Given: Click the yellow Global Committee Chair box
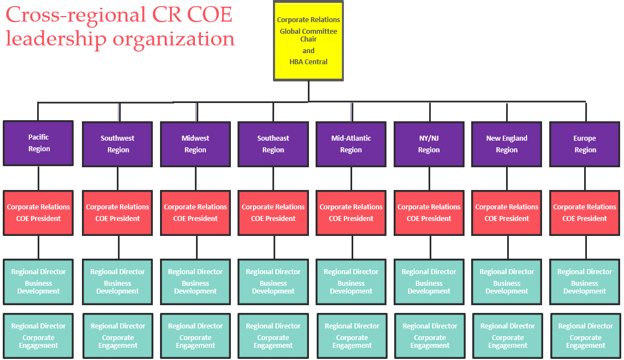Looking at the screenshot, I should [308, 40].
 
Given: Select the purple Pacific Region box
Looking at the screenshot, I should [38, 143].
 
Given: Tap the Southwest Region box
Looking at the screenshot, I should [117, 144].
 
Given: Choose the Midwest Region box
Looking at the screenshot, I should [195, 144].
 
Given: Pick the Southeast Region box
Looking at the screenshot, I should [273, 144].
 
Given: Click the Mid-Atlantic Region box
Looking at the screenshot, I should [351, 144].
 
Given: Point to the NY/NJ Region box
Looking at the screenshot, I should [429, 144].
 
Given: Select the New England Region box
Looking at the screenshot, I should [507, 144].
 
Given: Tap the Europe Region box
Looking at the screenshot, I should [585, 144].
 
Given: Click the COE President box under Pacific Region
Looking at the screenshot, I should [38, 213].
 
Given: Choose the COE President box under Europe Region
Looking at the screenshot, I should [585, 213].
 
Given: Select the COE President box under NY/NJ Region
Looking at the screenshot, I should [429, 213].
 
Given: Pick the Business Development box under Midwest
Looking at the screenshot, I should [195, 281].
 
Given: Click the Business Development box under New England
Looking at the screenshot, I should [507, 281].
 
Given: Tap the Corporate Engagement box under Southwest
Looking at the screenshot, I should [118, 336].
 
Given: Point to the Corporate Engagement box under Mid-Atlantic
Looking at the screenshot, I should [352, 336].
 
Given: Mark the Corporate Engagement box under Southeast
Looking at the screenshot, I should [273, 336].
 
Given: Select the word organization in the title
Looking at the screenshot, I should [174, 39].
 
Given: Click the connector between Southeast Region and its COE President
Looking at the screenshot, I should [273, 178].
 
